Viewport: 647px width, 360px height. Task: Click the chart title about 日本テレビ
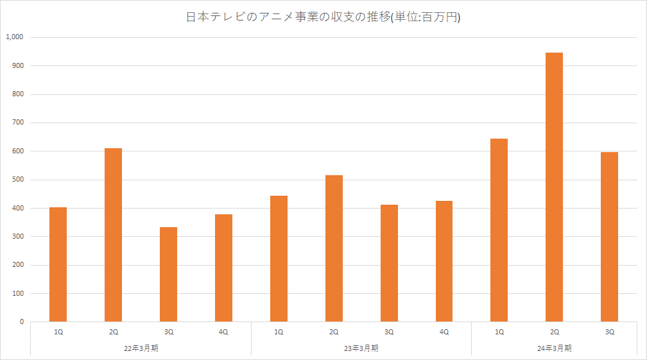323,18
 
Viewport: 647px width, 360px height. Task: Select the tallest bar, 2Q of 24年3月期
554,187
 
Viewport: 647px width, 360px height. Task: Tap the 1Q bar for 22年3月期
58,264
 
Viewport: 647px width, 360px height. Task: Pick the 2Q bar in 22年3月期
113,235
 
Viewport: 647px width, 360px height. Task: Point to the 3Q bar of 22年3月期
168,274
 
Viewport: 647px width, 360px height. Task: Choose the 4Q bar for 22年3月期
223,268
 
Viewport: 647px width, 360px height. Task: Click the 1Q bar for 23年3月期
279,259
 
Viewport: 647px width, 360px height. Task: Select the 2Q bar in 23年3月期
334,248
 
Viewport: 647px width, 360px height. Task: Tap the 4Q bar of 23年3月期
444,261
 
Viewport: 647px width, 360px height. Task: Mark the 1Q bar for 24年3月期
499,230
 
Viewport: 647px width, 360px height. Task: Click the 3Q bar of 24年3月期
609,237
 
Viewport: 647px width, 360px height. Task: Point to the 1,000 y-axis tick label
14,37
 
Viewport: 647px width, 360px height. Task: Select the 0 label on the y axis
21,322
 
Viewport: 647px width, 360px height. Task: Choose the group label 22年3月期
141,348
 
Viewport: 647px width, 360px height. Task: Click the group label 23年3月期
361,348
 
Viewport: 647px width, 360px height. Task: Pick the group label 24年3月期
554,348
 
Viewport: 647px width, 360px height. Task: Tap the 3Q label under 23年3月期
389,332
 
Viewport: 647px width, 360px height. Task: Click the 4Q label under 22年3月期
223,332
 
